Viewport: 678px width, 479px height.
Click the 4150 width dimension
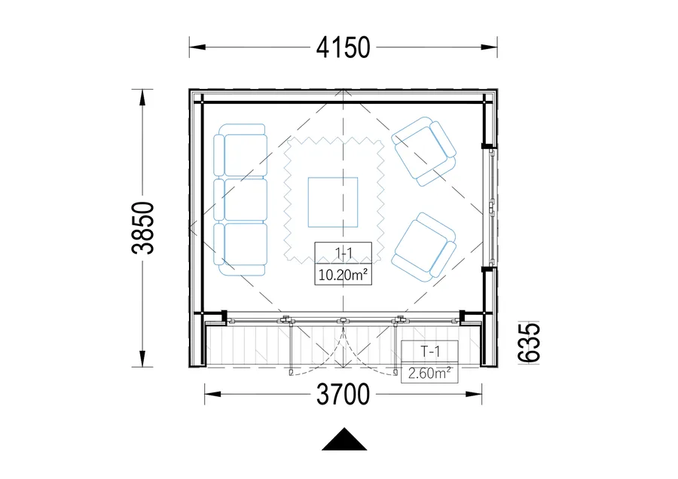click(343, 47)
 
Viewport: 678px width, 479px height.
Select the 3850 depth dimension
click(143, 228)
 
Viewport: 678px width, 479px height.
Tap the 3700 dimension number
click(343, 394)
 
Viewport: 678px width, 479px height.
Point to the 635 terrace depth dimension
click(529, 343)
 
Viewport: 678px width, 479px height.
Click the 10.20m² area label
click(343, 274)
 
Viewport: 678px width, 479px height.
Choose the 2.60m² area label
click(429, 373)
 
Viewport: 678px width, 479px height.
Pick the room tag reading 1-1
click(344, 253)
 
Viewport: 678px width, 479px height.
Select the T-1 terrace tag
click(430, 352)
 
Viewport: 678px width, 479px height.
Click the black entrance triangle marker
click(344, 439)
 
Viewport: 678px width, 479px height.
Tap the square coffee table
click(333, 203)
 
